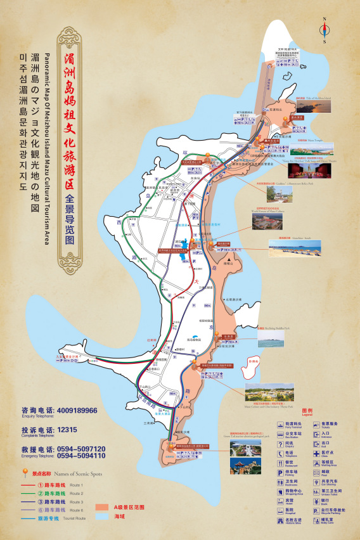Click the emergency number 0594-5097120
click(x=81, y=449)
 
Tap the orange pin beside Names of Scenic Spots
click(x=25, y=473)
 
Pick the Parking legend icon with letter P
click(x=280, y=472)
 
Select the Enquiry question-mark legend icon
click(x=280, y=444)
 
